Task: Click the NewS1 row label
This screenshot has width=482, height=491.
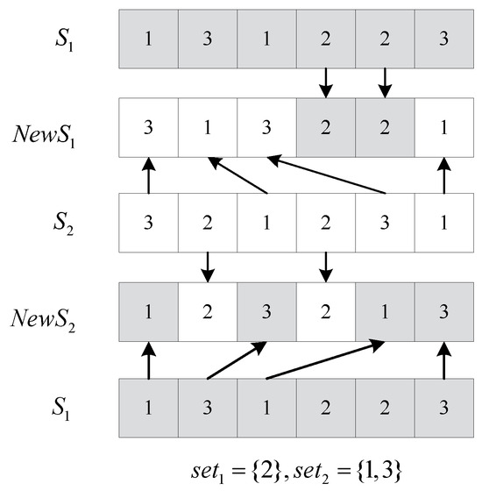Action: (53, 136)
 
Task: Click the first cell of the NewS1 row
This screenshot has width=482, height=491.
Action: (148, 127)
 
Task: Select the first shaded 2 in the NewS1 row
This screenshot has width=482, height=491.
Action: (325, 127)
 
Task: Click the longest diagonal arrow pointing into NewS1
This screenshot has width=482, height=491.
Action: (327, 174)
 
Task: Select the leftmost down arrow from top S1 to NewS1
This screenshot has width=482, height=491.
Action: (325, 84)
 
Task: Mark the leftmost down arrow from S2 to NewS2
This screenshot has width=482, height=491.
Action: (207, 265)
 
